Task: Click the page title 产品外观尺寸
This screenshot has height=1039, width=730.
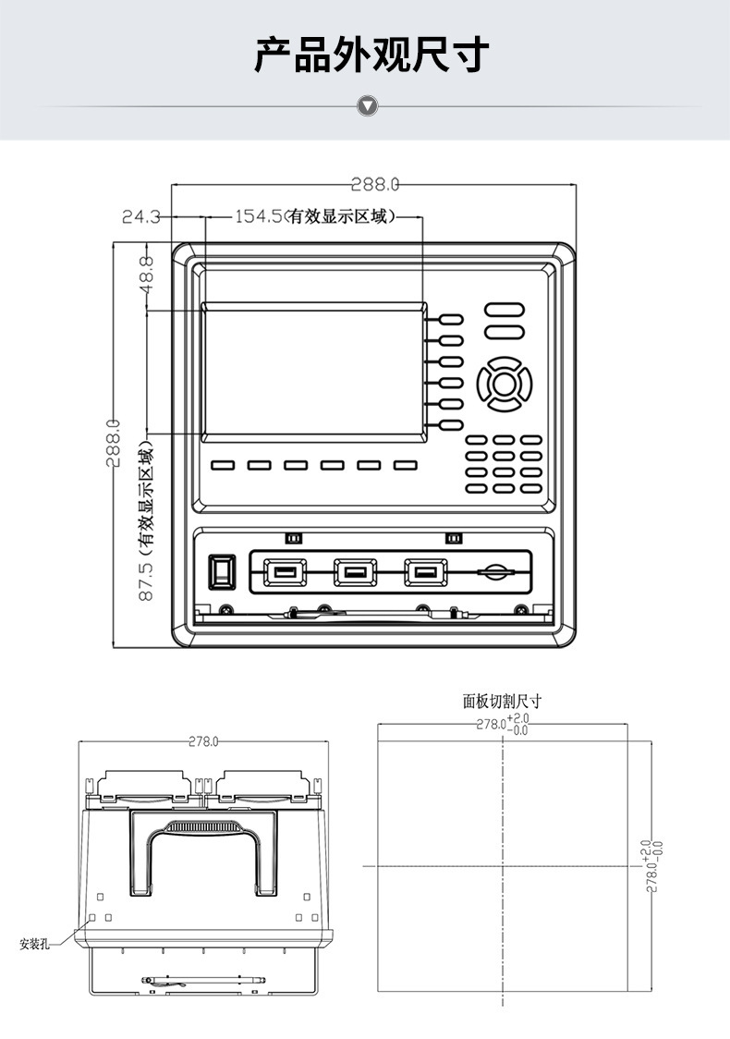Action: (371, 55)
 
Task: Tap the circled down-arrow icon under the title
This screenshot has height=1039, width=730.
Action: (368, 106)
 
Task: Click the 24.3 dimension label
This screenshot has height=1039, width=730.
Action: (141, 217)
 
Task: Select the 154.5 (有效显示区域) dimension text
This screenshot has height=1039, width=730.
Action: (315, 217)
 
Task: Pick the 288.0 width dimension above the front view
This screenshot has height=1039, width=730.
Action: (375, 184)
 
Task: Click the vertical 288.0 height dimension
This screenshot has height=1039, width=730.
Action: (113, 444)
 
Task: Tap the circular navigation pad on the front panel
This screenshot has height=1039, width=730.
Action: (505, 383)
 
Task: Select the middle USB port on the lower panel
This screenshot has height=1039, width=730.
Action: (355, 573)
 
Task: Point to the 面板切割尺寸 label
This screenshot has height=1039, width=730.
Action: (502, 702)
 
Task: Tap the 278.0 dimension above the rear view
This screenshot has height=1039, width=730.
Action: (203, 741)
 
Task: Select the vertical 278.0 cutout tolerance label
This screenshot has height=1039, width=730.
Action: (651, 865)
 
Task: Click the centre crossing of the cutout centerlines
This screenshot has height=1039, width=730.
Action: (503, 866)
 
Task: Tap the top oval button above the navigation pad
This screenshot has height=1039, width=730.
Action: (505, 309)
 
